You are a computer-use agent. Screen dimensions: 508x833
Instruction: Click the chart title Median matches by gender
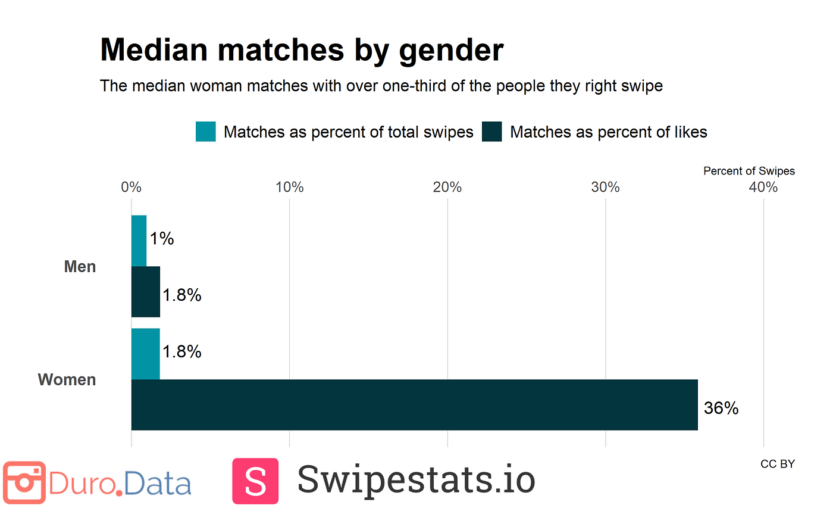[302, 49]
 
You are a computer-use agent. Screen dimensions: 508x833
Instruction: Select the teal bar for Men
[139, 241]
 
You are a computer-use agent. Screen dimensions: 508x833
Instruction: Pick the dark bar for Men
[145, 292]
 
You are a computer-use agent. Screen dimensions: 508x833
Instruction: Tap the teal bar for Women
[145, 354]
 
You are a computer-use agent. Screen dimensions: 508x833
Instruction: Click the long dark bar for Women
[414, 405]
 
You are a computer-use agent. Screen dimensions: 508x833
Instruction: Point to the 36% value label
[721, 409]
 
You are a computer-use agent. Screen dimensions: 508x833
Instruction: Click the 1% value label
[161, 239]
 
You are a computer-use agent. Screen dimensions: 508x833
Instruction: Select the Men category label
[80, 266]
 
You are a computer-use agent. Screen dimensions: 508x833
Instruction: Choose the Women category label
[67, 379]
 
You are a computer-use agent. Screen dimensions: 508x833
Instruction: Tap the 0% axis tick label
[131, 187]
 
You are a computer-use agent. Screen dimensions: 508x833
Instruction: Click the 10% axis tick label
[289, 187]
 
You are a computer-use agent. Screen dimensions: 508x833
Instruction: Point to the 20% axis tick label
[447, 187]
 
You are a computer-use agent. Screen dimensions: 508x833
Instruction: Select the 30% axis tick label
[606, 187]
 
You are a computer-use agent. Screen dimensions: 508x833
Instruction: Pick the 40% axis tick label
[763, 187]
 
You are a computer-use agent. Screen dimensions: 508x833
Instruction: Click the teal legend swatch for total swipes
[206, 132]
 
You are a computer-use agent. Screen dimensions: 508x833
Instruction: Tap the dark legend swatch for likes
[492, 132]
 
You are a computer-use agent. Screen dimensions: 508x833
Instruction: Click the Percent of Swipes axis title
[749, 171]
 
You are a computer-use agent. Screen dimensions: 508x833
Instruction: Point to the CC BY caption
[777, 464]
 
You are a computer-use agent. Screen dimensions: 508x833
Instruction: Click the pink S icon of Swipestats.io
[255, 481]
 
